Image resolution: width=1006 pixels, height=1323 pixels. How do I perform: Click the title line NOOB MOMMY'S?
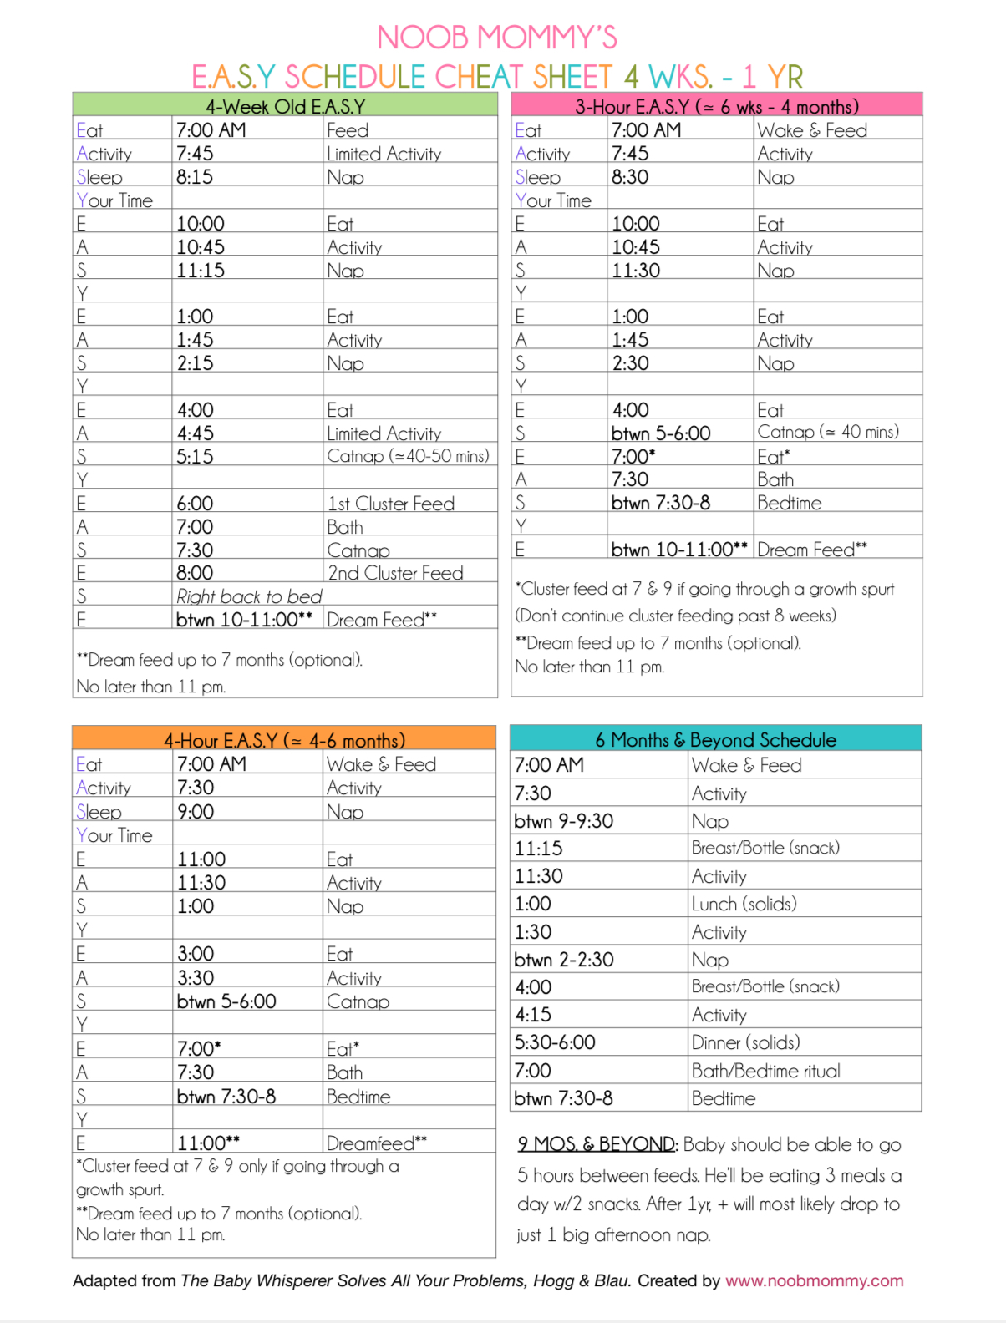496,38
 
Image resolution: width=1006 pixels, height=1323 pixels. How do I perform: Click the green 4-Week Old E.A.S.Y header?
285,106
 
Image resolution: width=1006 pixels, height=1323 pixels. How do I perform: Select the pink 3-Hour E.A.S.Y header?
716,106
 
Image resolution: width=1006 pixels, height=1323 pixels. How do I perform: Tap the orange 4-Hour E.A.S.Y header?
284,740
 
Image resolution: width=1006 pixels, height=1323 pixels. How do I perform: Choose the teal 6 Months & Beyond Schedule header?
715,739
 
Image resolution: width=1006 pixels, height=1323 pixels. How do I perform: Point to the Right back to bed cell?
249,596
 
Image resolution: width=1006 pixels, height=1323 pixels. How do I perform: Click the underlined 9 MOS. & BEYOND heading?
597,1144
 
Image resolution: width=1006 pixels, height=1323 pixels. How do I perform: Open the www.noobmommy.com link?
814,1280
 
